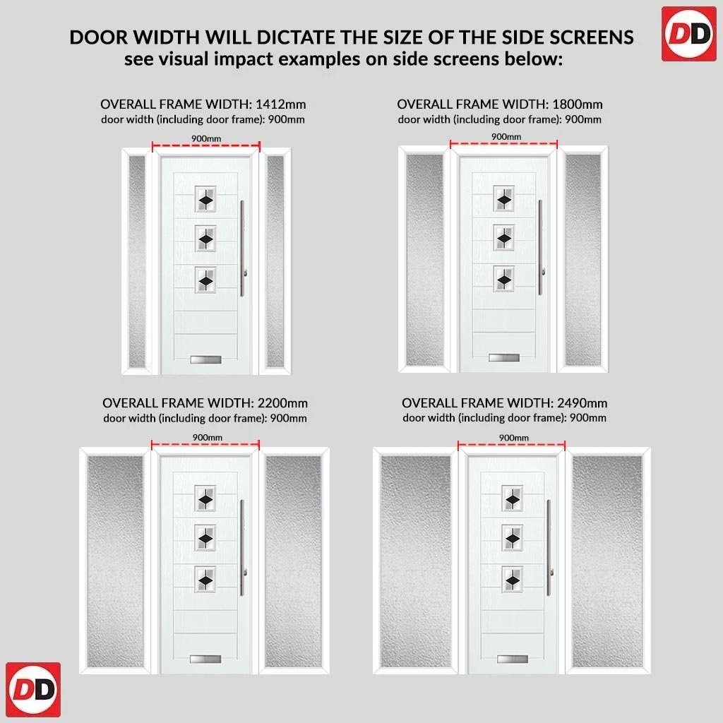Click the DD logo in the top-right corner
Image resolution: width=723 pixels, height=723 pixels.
click(x=689, y=34)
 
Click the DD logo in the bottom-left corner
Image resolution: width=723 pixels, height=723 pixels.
click(x=33, y=689)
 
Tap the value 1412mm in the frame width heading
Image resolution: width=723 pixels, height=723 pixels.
click(x=281, y=104)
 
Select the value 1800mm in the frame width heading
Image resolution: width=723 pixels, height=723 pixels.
click(x=578, y=104)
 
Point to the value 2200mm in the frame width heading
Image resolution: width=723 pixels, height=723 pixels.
click(x=282, y=403)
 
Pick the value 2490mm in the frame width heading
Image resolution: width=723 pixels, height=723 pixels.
click(x=582, y=403)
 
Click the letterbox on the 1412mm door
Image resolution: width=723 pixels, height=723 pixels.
click(x=205, y=359)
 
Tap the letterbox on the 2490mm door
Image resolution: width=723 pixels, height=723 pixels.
click(x=513, y=659)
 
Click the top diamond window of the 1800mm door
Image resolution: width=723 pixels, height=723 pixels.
click(x=504, y=198)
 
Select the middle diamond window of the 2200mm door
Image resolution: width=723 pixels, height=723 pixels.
click(x=205, y=538)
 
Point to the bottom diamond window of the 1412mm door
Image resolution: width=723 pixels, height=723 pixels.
click(x=205, y=280)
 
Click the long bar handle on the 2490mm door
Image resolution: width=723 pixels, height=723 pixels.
click(x=549, y=548)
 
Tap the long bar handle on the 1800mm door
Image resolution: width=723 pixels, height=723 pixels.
click(x=540, y=247)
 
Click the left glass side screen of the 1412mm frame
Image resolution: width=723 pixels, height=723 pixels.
click(x=137, y=261)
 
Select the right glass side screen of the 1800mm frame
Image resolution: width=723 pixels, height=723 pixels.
click(x=583, y=260)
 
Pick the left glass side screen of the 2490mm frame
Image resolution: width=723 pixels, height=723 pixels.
click(x=416, y=561)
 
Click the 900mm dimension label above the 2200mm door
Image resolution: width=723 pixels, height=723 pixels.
click(x=208, y=437)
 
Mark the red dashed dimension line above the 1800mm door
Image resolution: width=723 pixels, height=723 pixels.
click(x=504, y=144)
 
